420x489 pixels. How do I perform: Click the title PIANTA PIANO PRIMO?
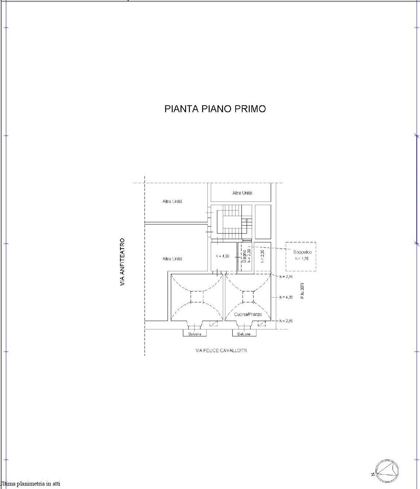pyautogui.click(x=215, y=109)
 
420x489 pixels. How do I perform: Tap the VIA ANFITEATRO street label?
pyautogui.click(x=122, y=262)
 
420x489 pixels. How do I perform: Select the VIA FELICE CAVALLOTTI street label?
pyautogui.click(x=221, y=350)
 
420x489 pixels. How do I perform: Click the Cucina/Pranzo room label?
pyautogui.click(x=248, y=314)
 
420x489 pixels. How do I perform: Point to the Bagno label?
pyautogui.click(x=244, y=256)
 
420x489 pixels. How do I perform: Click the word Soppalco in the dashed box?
pyautogui.click(x=302, y=252)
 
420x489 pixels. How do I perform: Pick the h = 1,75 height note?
pyautogui.click(x=302, y=259)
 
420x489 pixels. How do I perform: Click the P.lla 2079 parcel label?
pyautogui.click(x=302, y=291)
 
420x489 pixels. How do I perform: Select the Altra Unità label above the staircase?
pyautogui.click(x=242, y=193)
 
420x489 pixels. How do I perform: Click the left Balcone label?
pyautogui.click(x=195, y=334)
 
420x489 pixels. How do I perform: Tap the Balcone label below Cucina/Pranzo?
pyautogui.click(x=244, y=334)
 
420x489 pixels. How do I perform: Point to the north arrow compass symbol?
pyautogui.click(x=386, y=470)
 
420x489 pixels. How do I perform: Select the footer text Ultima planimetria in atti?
pyautogui.click(x=30, y=484)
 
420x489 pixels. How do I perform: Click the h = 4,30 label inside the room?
pyautogui.click(x=222, y=256)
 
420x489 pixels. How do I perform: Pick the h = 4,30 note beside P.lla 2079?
pyautogui.click(x=286, y=297)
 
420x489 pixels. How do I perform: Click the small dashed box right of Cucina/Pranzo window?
pyautogui.click(x=262, y=323)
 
